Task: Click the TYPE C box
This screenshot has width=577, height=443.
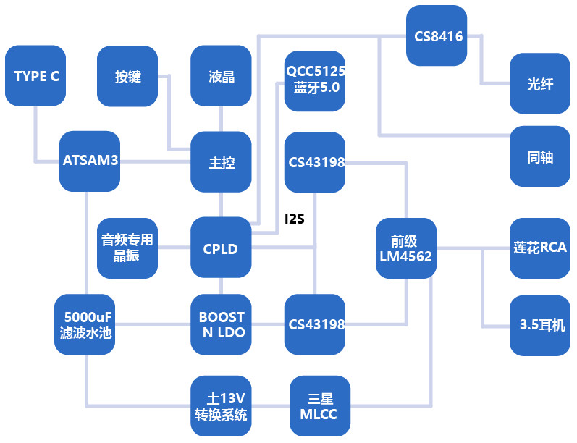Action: pos(35,75)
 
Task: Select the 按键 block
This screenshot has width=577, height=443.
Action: pos(127,76)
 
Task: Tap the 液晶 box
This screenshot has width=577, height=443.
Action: pos(221,76)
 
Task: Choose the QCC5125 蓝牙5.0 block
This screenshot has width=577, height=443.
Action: pos(315,80)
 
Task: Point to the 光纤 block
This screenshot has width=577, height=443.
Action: pos(540,83)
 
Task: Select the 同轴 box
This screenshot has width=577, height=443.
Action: pos(540,156)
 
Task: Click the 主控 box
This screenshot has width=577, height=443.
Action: pos(221,162)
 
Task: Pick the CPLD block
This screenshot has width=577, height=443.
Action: pos(221,248)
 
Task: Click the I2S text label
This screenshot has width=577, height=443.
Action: pos(294,218)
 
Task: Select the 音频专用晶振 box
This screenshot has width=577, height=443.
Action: pos(127,248)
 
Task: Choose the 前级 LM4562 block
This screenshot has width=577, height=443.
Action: pos(405,248)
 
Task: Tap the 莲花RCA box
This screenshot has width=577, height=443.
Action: pos(540,248)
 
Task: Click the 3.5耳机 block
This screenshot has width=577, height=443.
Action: pos(540,325)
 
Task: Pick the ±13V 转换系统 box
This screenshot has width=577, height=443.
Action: pos(221,406)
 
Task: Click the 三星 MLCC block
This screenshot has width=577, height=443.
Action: pos(319,406)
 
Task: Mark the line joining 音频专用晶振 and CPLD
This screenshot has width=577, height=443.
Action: pos(174,248)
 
